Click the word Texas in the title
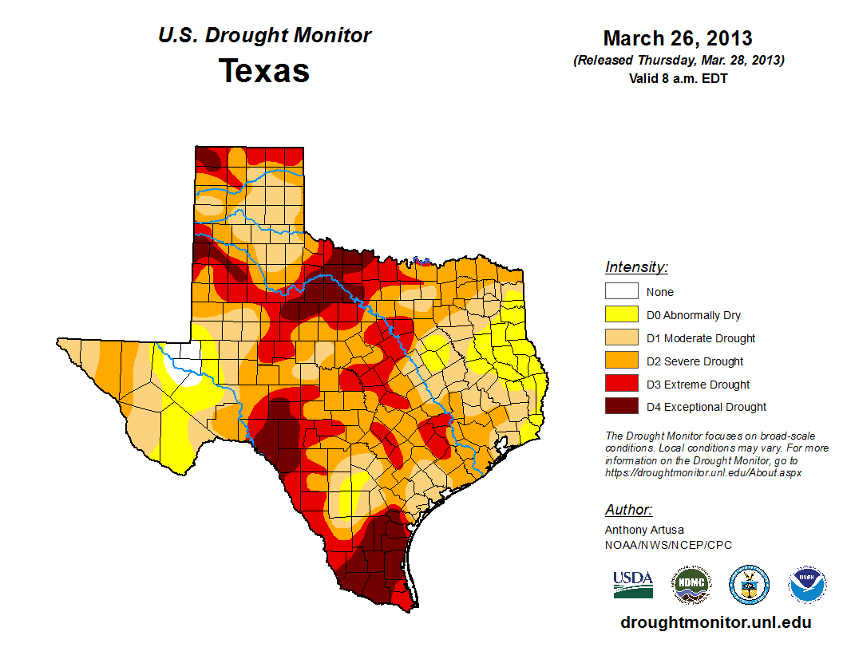[264, 71]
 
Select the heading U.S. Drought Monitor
[264, 36]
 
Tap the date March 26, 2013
[678, 38]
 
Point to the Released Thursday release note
[678, 61]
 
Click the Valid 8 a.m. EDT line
[678, 78]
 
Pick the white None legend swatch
[621, 292]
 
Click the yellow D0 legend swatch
[621, 315]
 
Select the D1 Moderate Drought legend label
[701, 338]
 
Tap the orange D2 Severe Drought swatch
[621, 361]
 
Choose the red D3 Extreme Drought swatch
[621, 384]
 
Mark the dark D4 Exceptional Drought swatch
[621, 407]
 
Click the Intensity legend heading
[636, 267]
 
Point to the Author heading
[628, 510]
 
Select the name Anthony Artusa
[644, 530]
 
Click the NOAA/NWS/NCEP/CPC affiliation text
[668, 545]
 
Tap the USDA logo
[633, 584]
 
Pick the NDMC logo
[691, 585]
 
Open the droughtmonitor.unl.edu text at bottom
[715, 622]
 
